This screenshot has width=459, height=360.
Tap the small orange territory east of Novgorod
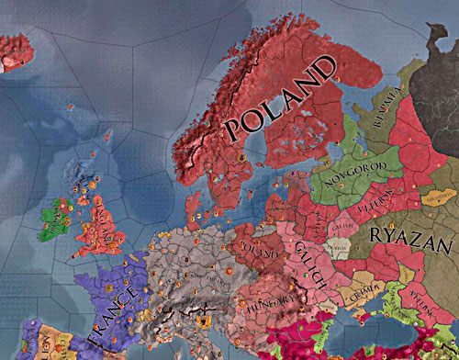pyautogui.click(x=436, y=198)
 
